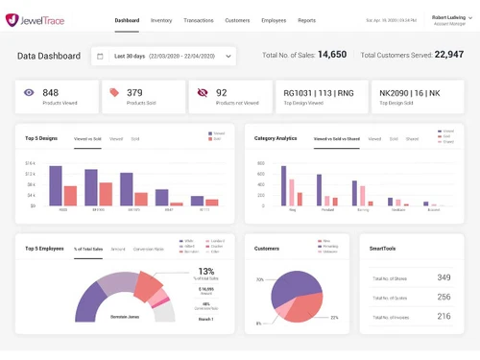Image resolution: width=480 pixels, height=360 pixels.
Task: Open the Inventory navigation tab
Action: point(161,20)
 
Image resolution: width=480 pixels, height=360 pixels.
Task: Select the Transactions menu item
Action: point(199,20)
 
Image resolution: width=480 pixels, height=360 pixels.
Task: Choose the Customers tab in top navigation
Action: point(237,20)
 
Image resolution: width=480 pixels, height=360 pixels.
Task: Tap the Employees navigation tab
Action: point(275,20)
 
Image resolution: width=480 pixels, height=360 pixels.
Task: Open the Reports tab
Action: point(306,20)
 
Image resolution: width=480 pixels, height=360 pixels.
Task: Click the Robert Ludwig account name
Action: point(447,16)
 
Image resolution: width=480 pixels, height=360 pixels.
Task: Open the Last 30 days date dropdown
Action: point(163,56)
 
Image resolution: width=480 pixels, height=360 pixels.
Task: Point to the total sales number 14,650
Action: point(331,56)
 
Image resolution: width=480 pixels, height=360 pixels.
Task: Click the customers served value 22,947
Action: point(448,56)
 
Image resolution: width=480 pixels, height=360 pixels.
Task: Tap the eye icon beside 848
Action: point(29,93)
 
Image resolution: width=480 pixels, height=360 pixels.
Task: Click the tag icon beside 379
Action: point(114,93)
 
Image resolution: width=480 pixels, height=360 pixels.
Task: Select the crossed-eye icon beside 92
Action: point(201,93)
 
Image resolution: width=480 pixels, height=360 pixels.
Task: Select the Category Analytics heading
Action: point(276,138)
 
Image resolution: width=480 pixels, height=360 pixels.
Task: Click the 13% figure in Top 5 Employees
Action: point(205,272)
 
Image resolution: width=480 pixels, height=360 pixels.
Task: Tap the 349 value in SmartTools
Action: point(443,277)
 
